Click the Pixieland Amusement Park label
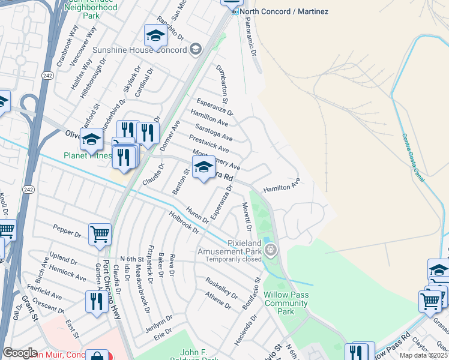[x=231, y=247]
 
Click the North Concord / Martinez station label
[x=276, y=12]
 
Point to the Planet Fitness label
[x=88, y=155]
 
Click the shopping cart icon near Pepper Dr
[x=100, y=235]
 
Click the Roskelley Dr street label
[x=221, y=287]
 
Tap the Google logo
[x=20, y=353]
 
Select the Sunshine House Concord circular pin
[x=196, y=49]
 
